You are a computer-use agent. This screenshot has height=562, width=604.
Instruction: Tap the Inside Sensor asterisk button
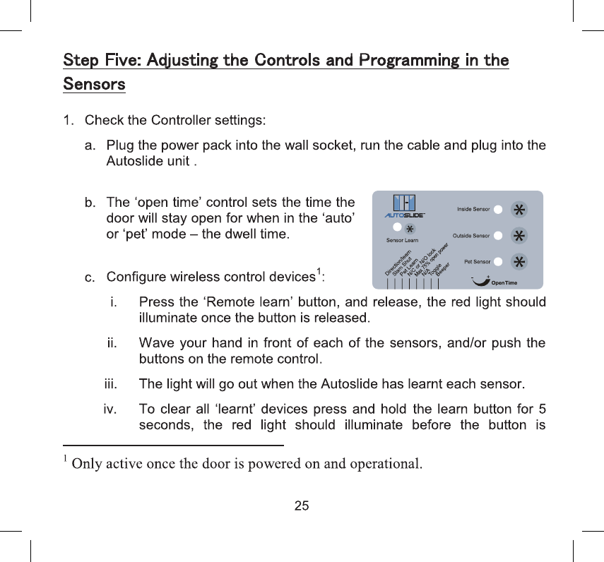(519, 210)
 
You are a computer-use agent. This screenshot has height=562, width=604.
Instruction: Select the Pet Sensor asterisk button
(519, 261)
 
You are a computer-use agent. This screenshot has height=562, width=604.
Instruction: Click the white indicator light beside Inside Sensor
(498, 210)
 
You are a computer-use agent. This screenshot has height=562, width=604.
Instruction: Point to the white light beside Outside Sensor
(498, 235)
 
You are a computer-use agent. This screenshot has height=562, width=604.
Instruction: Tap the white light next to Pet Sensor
(498, 261)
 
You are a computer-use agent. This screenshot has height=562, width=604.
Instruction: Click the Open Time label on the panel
(504, 283)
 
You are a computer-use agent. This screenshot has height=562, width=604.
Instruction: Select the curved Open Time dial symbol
(480, 282)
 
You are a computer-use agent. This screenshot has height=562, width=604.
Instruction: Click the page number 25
(302, 506)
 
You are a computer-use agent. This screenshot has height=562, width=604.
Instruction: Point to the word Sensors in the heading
(94, 85)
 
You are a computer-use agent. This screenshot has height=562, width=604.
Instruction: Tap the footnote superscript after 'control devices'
(319, 271)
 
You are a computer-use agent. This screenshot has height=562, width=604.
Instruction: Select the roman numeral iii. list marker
(111, 384)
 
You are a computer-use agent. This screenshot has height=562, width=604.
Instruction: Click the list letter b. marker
(90, 203)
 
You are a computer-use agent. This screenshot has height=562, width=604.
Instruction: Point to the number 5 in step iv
(541, 409)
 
